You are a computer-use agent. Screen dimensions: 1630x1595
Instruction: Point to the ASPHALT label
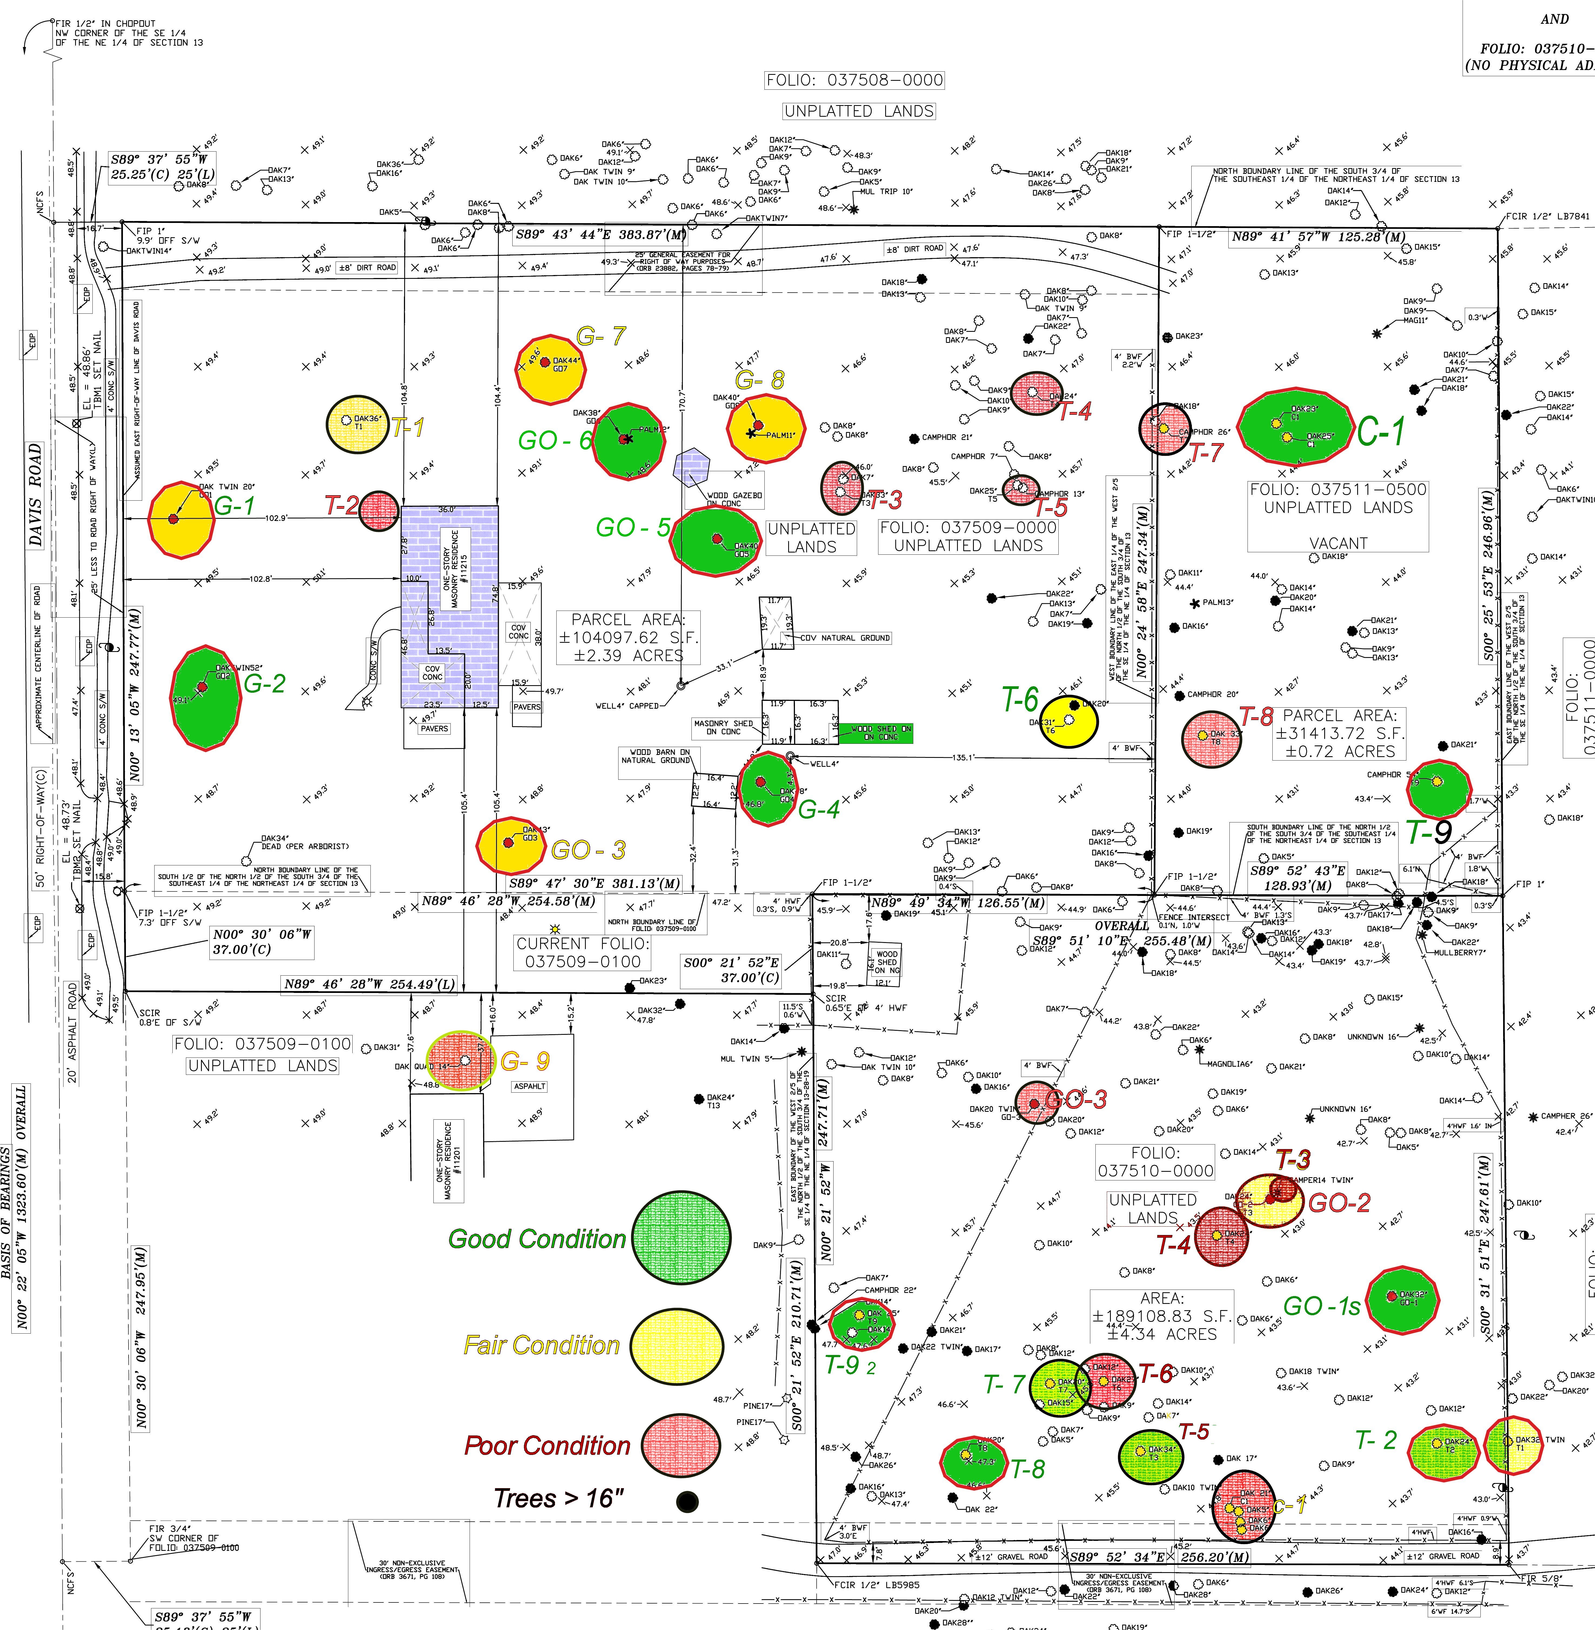point(529,1086)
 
